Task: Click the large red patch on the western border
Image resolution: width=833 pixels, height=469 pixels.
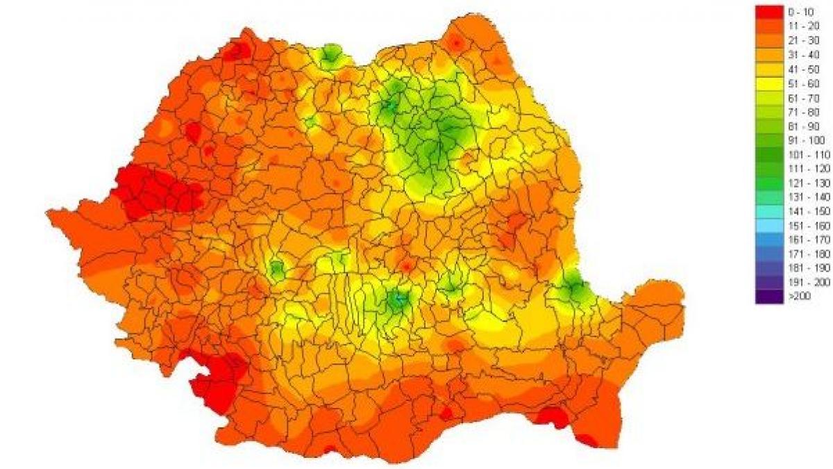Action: click(x=153, y=191)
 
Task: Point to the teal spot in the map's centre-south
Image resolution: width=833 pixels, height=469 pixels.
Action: click(x=398, y=299)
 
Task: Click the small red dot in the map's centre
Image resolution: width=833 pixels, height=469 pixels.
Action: click(x=407, y=265)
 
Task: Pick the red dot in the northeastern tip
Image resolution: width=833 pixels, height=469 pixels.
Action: click(x=456, y=43)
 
